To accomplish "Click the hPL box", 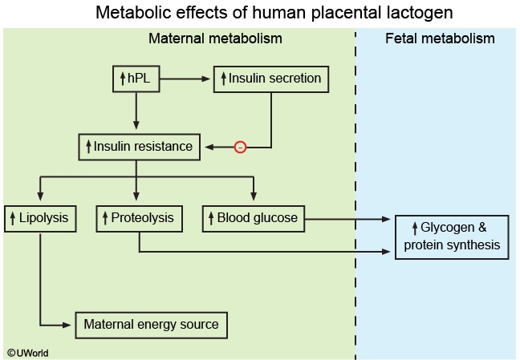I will coord(136,79).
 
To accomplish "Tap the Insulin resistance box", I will coord(139,147).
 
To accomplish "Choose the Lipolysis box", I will coord(40,218).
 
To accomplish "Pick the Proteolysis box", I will coord(139,218).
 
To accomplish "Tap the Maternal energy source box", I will coord(152,325).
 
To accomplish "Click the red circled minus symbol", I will coord(239,148).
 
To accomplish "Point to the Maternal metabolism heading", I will coord(215,38).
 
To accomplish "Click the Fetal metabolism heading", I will coord(440,38).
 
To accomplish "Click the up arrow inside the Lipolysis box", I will coord(12,218).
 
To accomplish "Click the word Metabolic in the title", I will coord(125,13).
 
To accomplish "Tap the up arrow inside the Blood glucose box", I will coord(211,218).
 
